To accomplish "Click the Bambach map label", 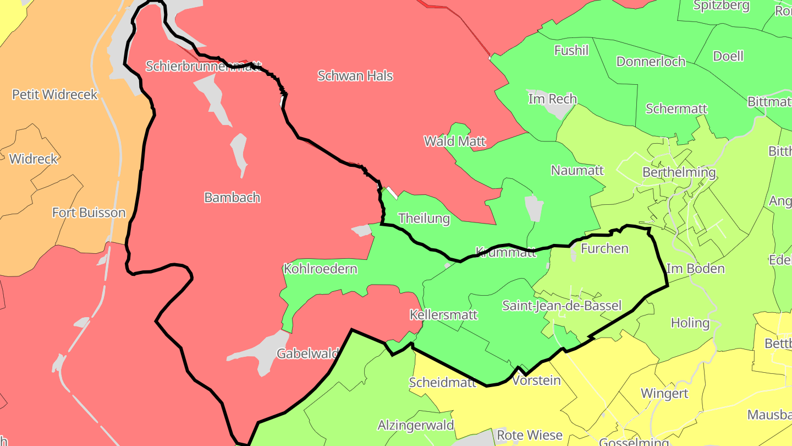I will pos(232,197).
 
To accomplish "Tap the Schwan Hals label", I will pos(355,75).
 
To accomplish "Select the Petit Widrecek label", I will pos(55,94).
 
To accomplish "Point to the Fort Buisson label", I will pos(89,213).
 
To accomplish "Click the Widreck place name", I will pos(34,159).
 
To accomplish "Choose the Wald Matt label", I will pos(455,141).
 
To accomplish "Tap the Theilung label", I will pos(424,218).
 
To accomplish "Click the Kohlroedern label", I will pos(320,269).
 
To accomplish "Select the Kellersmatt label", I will pos(444,315).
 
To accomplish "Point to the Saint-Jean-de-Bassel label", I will pos(562,306).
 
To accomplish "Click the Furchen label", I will pos(604,248).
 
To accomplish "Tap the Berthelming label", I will pos(679,172).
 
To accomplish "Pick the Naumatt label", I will pos(577,170).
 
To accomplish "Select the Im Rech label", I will pos(552,99).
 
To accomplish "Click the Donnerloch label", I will pos(651,61).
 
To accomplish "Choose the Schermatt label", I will pos(676,108).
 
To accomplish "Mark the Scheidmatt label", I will pos(442,382).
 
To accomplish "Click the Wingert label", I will pos(664,393).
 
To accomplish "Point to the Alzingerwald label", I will pos(416,425).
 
